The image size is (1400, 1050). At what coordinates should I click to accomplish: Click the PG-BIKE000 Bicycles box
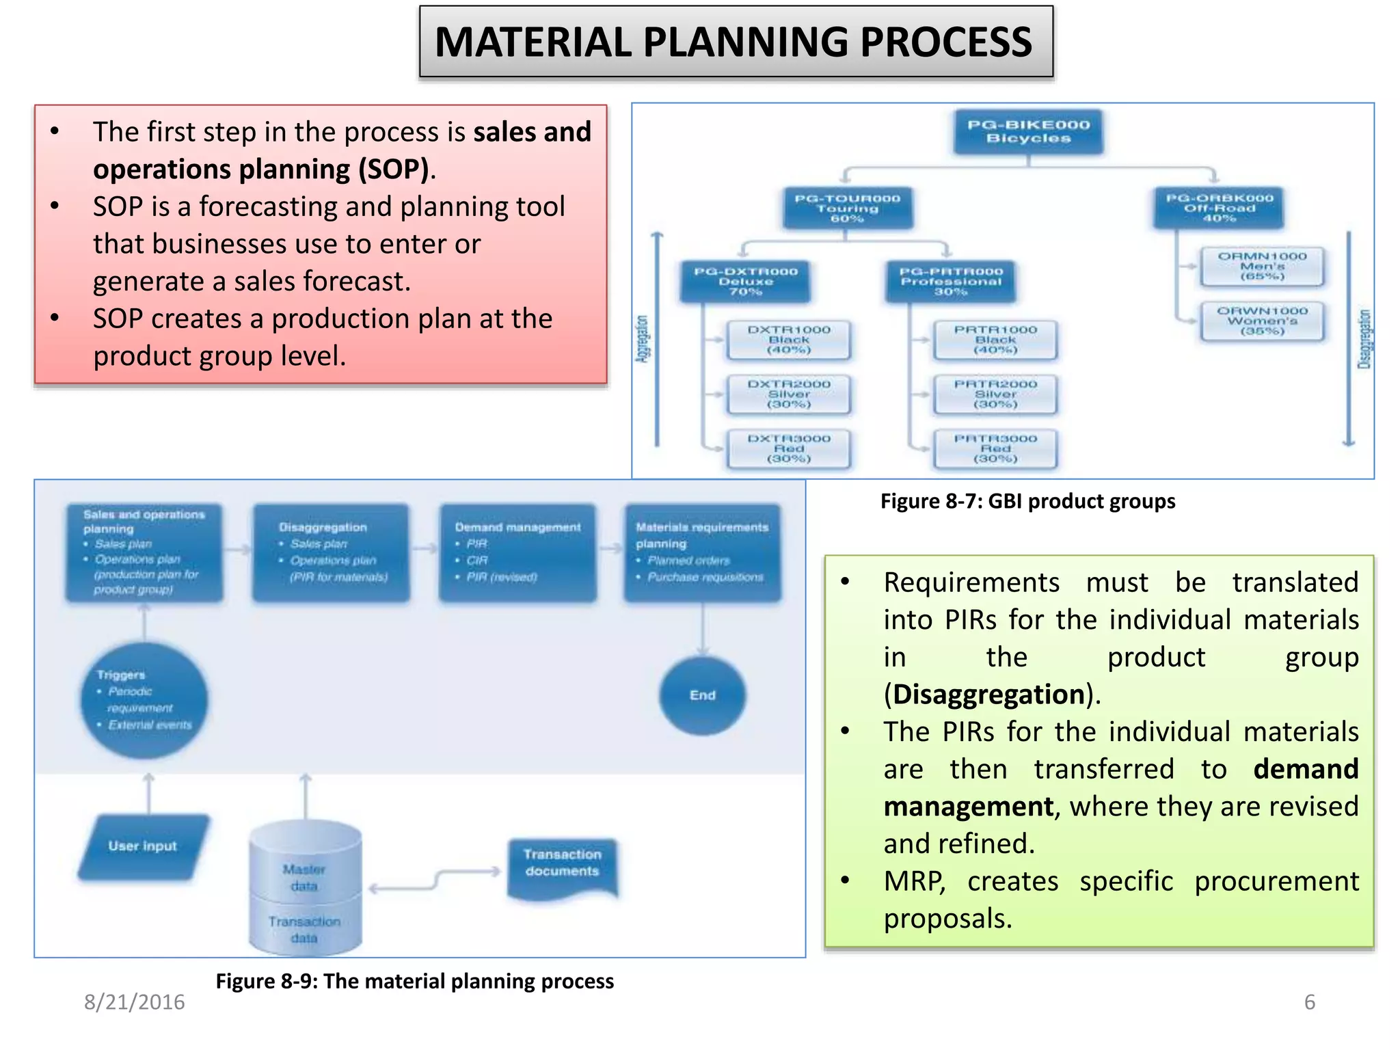click(1028, 132)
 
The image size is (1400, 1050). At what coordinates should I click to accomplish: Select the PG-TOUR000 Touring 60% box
click(847, 208)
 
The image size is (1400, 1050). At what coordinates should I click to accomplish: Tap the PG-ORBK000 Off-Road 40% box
click(1219, 208)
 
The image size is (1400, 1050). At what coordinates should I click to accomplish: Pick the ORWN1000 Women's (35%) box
click(1262, 321)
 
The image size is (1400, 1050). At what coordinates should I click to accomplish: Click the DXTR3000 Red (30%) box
click(789, 449)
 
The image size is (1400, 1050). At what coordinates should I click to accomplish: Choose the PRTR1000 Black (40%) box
click(995, 340)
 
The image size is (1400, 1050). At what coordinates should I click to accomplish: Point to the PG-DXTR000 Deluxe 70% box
click(745, 282)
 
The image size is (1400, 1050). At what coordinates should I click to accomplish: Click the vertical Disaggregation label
click(1364, 339)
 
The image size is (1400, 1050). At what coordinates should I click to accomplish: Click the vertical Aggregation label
click(642, 339)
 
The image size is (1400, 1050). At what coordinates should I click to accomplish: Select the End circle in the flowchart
click(702, 695)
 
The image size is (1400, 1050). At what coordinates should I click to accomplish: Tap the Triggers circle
click(144, 700)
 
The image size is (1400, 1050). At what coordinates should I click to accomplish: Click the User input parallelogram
click(143, 846)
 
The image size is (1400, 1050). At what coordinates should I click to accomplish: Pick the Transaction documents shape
click(562, 865)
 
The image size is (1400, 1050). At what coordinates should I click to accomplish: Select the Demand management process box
click(517, 552)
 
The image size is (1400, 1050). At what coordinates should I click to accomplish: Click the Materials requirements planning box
click(702, 552)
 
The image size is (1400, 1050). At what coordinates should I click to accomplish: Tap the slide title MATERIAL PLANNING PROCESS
click(736, 42)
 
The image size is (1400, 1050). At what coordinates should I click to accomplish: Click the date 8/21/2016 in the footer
click(135, 1002)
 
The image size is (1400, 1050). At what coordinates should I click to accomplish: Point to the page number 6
click(1309, 1002)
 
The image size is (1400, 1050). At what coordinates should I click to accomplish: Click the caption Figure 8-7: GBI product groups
click(1027, 501)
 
